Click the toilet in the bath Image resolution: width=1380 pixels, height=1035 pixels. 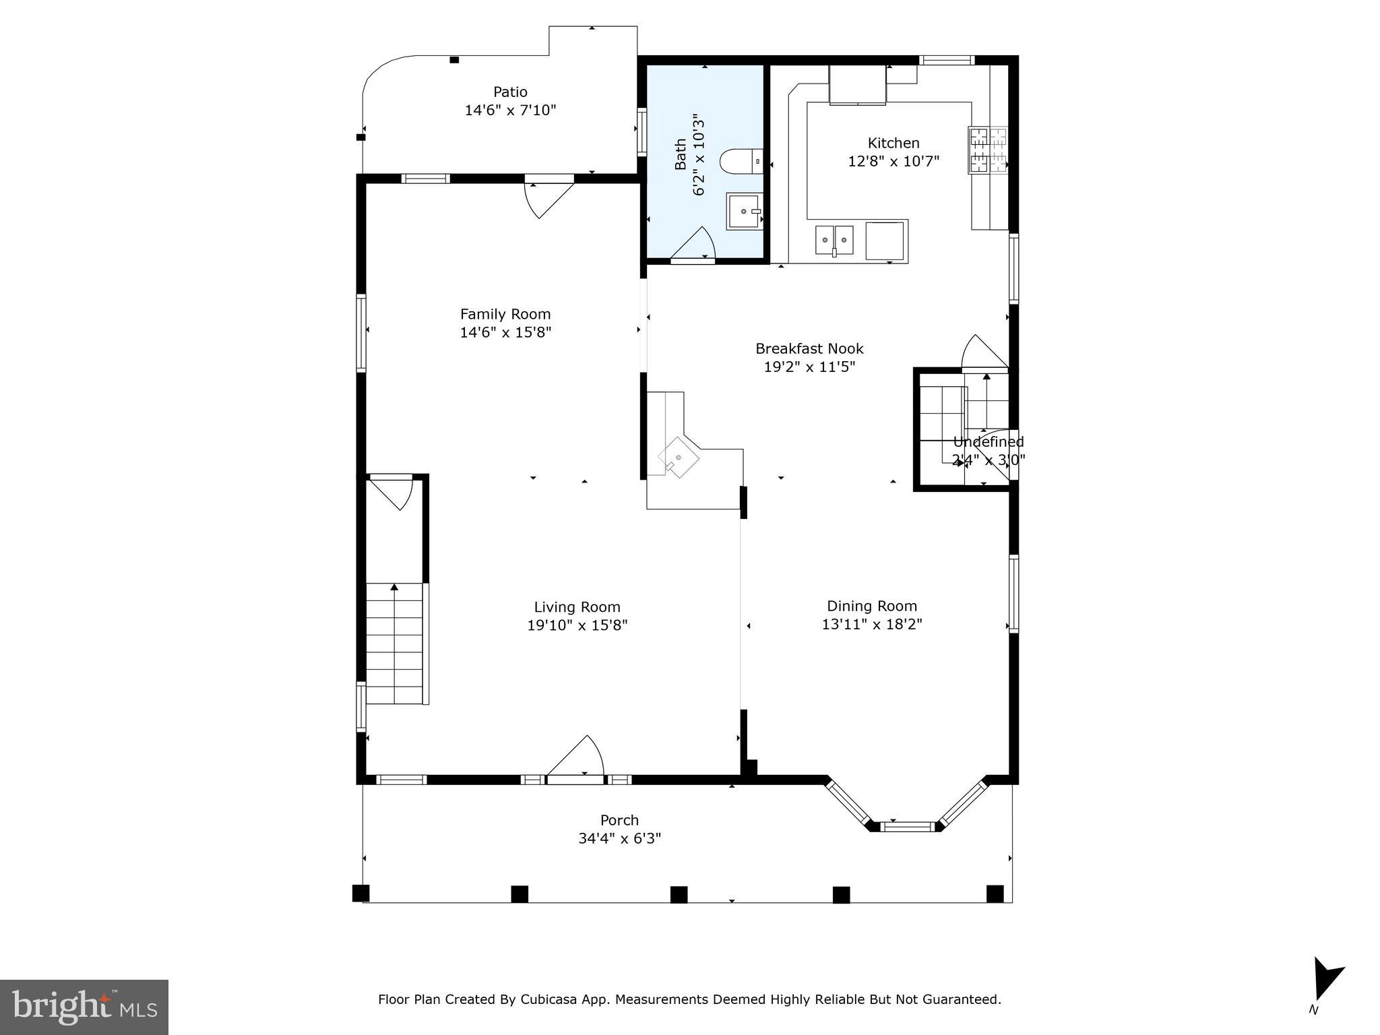pos(740,162)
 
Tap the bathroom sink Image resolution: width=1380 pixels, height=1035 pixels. pos(744,212)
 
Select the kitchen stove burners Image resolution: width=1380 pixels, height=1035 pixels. pos(988,150)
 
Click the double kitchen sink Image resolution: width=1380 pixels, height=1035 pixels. pos(834,240)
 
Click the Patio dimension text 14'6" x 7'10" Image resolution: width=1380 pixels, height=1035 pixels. pos(510,110)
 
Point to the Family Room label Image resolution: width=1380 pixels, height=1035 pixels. pos(505,314)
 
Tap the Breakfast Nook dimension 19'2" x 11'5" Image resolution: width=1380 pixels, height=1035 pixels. pos(809,367)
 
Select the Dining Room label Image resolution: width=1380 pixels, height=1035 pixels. pos(872,606)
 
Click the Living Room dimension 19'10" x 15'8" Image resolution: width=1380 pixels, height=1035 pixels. pos(577,625)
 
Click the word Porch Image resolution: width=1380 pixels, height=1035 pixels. pos(619,820)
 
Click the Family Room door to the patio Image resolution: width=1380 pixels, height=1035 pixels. pos(547,198)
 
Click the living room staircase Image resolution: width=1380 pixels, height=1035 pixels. pos(395,644)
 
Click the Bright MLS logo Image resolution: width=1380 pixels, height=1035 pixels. pos(84,1007)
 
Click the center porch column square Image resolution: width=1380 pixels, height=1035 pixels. pos(679,894)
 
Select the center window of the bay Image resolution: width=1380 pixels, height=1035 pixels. pos(908,826)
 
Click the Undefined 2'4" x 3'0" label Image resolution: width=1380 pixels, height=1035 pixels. pos(988,451)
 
